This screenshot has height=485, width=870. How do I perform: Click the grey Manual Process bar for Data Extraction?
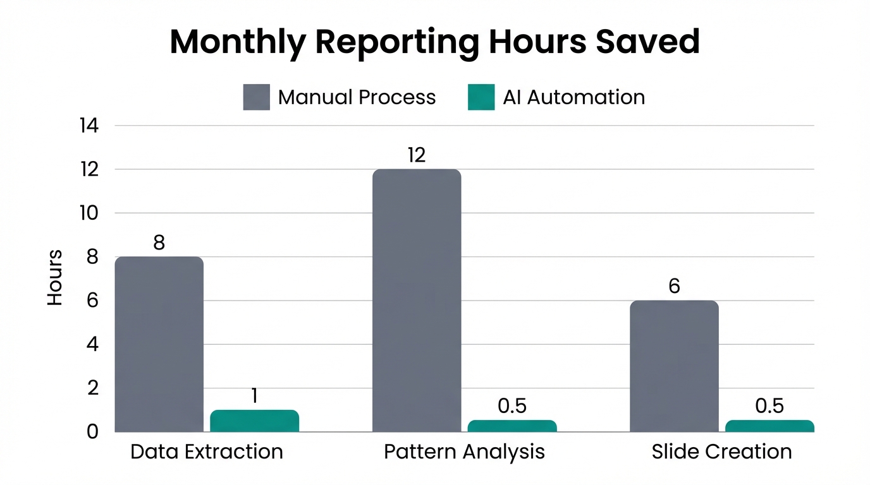tap(159, 344)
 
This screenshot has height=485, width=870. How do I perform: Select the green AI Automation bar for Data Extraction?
tap(254, 421)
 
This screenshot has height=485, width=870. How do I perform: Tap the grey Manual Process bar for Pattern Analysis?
tap(417, 301)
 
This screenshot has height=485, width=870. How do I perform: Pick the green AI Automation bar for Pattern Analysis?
tap(512, 426)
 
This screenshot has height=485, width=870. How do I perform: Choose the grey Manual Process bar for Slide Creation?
tap(674, 366)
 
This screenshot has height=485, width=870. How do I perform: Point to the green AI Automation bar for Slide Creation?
tap(769, 426)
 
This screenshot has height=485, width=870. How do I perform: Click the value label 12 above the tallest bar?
tap(417, 155)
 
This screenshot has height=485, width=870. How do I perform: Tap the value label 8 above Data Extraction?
tap(159, 243)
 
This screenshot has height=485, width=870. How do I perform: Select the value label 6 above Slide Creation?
tap(674, 287)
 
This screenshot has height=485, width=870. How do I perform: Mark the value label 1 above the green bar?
tap(254, 396)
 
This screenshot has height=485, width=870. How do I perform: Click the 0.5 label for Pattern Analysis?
tap(512, 406)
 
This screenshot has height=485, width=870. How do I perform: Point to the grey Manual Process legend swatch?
tap(256, 97)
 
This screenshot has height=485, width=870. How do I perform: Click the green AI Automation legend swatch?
tap(481, 97)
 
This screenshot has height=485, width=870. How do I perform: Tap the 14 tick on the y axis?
tap(89, 126)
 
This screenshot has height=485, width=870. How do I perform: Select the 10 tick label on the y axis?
tap(89, 213)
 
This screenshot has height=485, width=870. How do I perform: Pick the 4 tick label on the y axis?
tap(92, 345)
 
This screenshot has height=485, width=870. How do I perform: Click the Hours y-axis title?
tap(55, 278)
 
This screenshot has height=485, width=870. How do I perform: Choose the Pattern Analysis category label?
tap(464, 452)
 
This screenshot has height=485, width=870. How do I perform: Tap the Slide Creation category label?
tap(721, 452)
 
